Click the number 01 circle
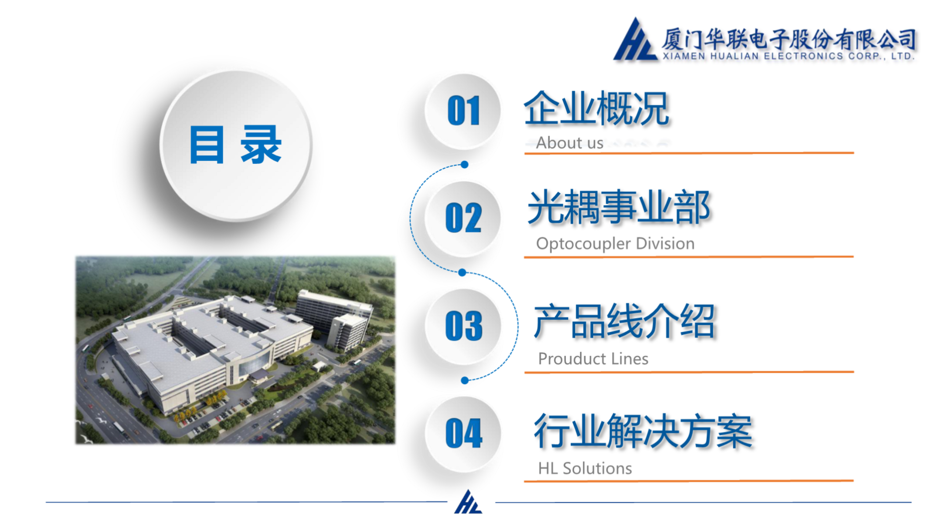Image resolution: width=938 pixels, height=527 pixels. (x=463, y=111)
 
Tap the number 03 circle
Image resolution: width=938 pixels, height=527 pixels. (x=463, y=326)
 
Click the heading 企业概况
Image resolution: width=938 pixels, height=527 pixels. (x=596, y=109)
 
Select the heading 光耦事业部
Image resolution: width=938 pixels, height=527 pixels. (x=619, y=207)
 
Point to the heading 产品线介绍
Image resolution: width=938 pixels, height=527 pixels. (x=624, y=321)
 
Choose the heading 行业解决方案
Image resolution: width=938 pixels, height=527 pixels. (x=643, y=431)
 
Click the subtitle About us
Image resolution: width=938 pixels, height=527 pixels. (x=570, y=143)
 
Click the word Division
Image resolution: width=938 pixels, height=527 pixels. (x=665, y=243)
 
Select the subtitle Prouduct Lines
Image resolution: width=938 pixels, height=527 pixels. (x=593, y=359)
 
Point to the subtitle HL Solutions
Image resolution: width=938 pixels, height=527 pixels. (x=585, y=468)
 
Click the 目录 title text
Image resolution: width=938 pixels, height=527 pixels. (x=235, y=144)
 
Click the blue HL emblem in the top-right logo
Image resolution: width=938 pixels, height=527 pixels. (x=635, y=40)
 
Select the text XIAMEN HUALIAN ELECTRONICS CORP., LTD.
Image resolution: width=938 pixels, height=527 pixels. (x=788, y=56)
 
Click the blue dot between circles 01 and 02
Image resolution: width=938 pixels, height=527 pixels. (x=465, y=164)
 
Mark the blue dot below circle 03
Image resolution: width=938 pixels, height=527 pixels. (x=465, y=380)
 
